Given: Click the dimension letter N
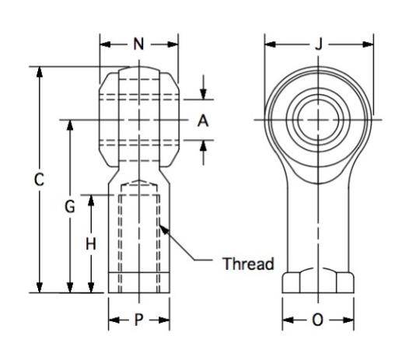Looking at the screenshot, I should pos(138,44).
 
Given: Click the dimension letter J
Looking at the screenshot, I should pos(319,44).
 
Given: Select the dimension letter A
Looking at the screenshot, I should pos(202,121).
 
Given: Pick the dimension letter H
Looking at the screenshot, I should pos(91,244).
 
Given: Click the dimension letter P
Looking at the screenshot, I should pos(138,320).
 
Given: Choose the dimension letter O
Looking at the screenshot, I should pos(318,320).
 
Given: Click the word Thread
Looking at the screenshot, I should pos(248,263).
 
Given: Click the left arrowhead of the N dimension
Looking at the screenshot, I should pos(103,44).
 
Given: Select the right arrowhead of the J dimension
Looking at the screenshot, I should pos(370,44).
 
